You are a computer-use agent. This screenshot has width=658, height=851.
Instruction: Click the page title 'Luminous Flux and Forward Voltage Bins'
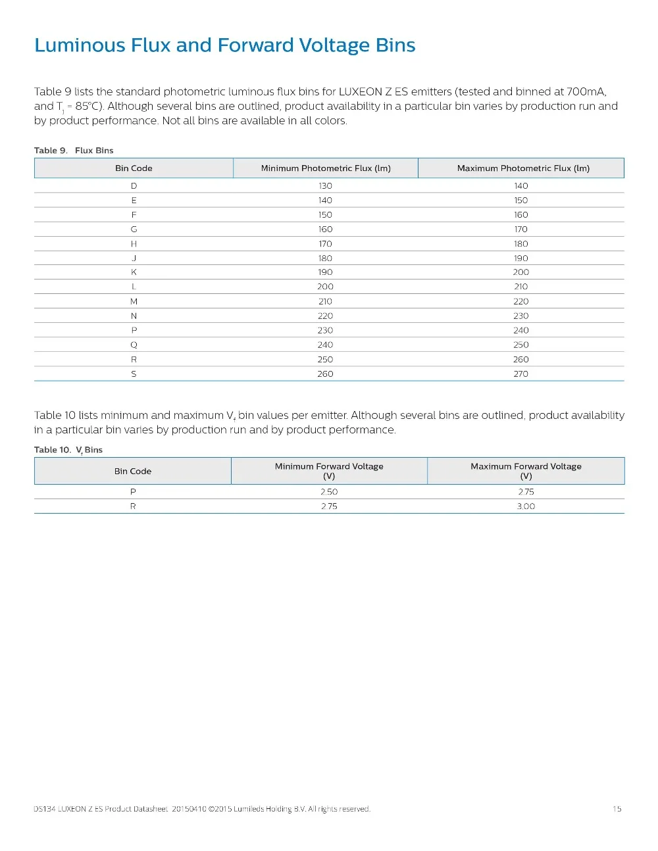(225, 45)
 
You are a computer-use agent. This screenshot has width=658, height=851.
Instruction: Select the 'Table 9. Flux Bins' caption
(74, 151)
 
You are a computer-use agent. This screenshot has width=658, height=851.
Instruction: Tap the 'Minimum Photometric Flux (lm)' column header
(326, 168)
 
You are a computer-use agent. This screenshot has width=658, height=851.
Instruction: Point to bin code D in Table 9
(134, 186)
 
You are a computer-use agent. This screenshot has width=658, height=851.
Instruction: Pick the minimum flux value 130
(325, 186)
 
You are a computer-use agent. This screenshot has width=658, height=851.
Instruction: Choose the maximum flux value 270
(520, 374)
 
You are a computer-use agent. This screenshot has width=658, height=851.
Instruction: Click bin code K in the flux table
(134, 272)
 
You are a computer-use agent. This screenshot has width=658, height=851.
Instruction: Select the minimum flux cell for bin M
(325, 302)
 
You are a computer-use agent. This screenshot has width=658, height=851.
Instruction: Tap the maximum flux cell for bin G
(520, 230)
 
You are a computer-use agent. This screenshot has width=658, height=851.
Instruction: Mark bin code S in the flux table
(134, 374)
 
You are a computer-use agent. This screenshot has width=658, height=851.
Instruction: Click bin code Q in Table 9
(134, 345)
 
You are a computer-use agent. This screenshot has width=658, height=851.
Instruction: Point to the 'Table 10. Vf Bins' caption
(68, 450)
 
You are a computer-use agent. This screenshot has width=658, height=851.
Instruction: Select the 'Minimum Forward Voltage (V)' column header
(329, 471)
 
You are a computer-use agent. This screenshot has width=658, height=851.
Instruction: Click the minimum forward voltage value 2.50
(329, 492)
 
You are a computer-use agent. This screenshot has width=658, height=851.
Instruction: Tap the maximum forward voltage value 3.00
(526, 506)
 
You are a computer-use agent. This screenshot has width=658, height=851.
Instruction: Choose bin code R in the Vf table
(133, 506)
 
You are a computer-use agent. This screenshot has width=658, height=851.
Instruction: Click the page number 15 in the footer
(617, 809)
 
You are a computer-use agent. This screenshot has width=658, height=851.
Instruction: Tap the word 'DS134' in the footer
(44, 809)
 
